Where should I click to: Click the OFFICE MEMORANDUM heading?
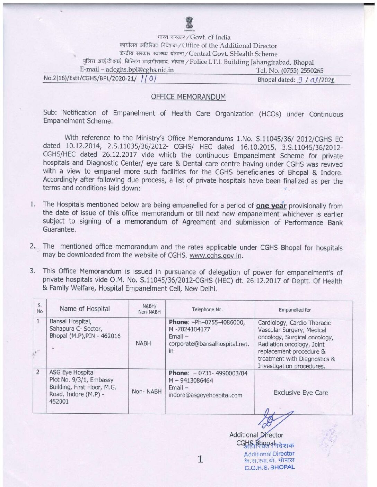188,97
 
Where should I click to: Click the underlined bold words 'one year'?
271,206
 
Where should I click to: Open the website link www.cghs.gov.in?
216,256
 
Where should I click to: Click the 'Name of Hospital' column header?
85,309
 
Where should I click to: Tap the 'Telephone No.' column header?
207,310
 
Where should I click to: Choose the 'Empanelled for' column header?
295,310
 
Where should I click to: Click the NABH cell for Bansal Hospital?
143,343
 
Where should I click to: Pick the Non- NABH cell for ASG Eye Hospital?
147,392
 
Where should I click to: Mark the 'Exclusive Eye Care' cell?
301,393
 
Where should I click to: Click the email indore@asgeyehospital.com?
205,395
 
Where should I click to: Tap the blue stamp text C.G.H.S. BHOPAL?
270,468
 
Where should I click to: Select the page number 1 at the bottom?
200,459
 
